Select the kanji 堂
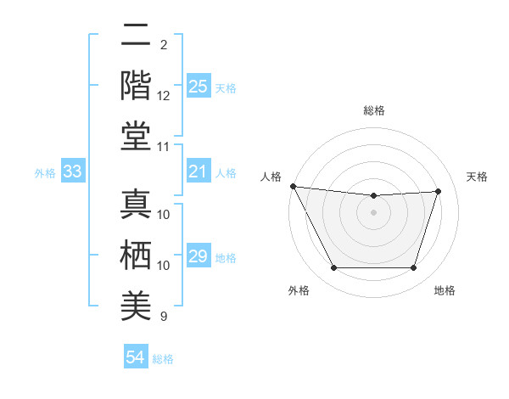pyautogui.click(x=136, y=136)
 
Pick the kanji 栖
pyautogui.click(x=136, y=254)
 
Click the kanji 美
pyautogui.click(x=136, y=303)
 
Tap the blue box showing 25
pyautogui.click(x=199, y=87)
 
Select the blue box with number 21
pyautogui.click(x=199, y=172)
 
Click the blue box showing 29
pyautogui.click(x=199, y=256)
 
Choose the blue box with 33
pyautogui.click(x=73, y=172)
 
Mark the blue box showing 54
pyautogui.click(x=136, y=357)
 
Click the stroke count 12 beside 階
pyautogui.click(x=164, y=95)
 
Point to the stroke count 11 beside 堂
pyautogui.click(x=164, y=147)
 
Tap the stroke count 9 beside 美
pyautogui.click(x=163, y=316)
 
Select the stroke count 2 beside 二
pyautogui.click(x=163, y=44)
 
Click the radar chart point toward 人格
pyautogui.click(x=293, y=186)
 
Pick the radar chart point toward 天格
pyautogui.click(x=439, y=191)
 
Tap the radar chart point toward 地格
pyautogui.click(x=413, y=268)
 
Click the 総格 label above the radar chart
pyautogui.click(x=373, y=110)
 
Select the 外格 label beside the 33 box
pyautogui.click(x=45, y=173)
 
